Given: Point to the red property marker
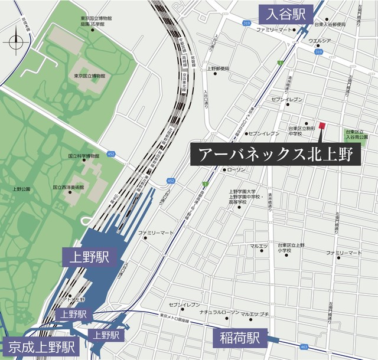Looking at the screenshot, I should point(322,125).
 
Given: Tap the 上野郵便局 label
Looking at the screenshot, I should point(218,68).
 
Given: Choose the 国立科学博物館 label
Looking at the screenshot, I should point(86,156).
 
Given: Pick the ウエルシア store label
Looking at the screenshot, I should point(318,41).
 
